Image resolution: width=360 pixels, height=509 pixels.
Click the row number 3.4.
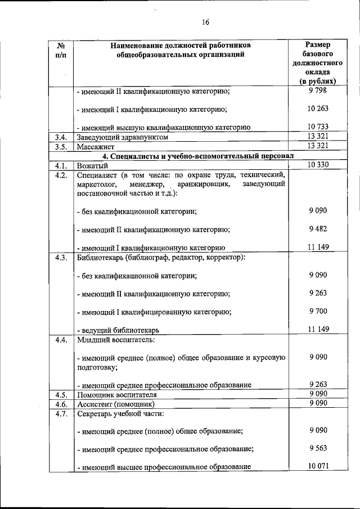[61, 137]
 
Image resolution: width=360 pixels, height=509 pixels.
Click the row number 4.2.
[61, 175]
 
